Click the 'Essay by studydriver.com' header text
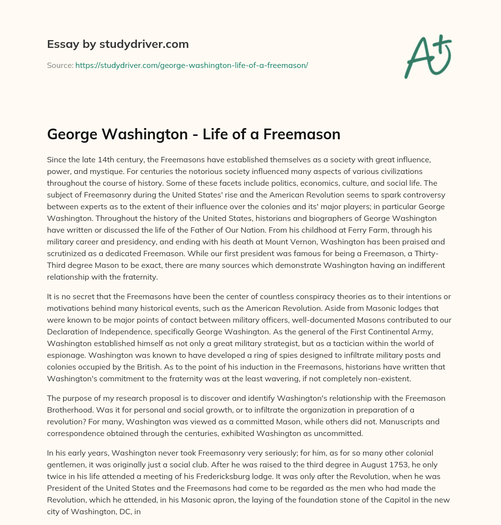(118, 44)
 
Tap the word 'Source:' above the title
(60, 65)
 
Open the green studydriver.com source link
(191, 65)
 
